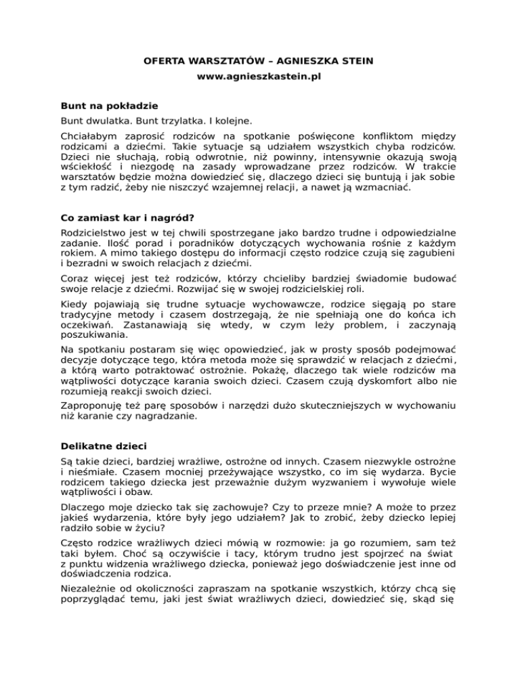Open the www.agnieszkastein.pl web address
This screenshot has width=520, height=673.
click(x=259, y=78)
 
